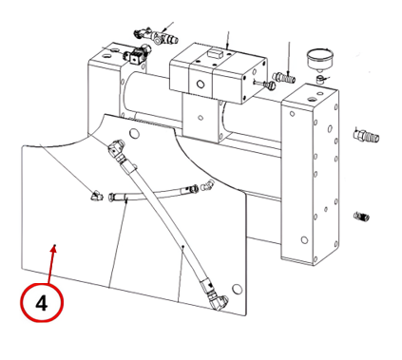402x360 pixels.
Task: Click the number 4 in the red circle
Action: point(42,303)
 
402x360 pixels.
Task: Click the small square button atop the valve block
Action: point(214,52)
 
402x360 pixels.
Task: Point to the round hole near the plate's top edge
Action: point(135,133)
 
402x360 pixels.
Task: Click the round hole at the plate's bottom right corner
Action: point(237,289)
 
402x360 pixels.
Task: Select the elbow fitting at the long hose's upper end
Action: point(117,149)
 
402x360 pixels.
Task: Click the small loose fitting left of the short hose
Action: point(96,197)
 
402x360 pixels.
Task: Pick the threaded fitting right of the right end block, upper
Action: point(366,136)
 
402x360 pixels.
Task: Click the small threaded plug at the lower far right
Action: point(361,217)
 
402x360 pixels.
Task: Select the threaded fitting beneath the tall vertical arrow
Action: point(284,77)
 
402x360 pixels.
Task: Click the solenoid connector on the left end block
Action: point(136,54)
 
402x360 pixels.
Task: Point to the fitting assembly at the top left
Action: point(156,36)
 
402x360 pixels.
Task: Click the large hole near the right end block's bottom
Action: point(304,240)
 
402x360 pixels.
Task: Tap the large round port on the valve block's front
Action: point(201,85)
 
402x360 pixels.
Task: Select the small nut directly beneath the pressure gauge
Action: point(320,79)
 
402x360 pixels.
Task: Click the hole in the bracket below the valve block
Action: point(201,118)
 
